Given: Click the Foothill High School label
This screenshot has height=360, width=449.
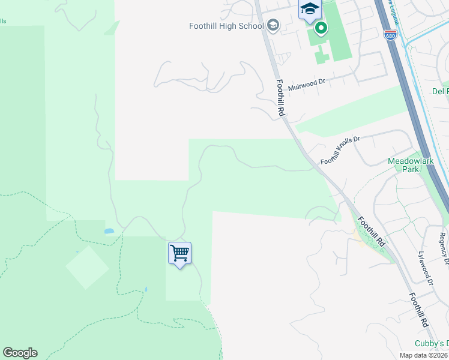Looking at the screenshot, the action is [226, 26].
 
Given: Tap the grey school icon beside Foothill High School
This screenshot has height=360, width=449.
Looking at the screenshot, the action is [273, 25].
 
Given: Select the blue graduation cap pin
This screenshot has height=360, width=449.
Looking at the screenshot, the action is [310, 9].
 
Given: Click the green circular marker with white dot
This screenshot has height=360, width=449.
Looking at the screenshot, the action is [321, 28].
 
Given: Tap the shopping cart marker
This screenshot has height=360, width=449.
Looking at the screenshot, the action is [179, 253].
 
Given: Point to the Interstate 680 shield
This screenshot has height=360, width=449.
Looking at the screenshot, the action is [391, 35].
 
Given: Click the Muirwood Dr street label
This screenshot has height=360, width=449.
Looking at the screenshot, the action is [306, 84].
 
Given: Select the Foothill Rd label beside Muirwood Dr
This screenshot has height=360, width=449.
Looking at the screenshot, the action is [280, 97].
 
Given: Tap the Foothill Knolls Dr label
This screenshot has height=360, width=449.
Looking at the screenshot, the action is [340, 150].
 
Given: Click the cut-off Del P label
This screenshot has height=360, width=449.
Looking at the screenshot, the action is [440, 92].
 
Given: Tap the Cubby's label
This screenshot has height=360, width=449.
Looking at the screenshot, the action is [433, 343].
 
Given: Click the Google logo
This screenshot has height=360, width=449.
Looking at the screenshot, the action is [20, 353].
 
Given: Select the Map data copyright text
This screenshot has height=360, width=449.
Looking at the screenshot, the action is [423, 355].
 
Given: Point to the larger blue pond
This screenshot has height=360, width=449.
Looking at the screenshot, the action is [109, 230].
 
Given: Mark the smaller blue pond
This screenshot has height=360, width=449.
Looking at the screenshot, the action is [146, 290].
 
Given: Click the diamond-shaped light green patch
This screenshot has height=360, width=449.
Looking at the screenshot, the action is [87, 267].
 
